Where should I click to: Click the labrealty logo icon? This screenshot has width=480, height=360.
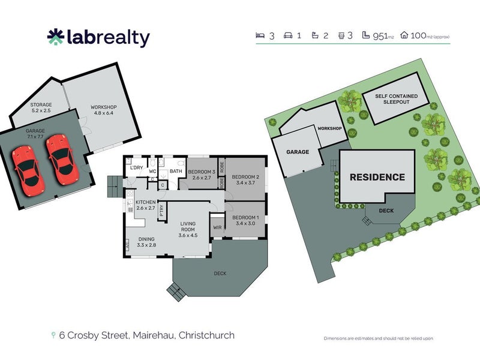55,37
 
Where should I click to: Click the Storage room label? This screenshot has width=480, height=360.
41,108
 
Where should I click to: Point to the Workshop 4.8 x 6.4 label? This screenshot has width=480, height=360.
104,110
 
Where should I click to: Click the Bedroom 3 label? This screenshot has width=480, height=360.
201,175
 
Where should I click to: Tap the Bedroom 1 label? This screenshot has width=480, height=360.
245,220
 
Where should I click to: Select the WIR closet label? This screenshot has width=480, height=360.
217,228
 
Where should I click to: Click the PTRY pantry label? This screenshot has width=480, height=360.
161,211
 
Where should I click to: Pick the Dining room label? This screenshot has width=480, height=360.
146,241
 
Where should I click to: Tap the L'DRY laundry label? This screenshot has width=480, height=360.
137,167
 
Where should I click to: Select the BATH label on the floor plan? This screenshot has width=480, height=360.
176,172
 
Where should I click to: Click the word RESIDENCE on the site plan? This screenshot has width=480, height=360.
377,177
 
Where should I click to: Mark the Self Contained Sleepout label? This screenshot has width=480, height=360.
395,99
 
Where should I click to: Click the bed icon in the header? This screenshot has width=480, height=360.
261,36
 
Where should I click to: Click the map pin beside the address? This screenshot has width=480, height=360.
55,335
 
